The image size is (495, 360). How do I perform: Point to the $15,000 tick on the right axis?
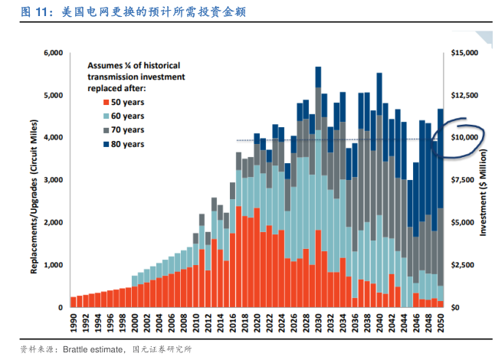[464, 53]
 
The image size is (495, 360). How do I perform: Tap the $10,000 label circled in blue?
[464, 137]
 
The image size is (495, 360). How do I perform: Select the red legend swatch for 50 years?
[103, 103]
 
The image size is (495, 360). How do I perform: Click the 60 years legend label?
[127, 116]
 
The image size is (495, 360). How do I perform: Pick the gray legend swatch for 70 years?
[103, 130]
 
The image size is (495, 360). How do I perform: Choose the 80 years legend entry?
[127, 144]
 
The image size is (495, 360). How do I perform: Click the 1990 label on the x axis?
[74, 322]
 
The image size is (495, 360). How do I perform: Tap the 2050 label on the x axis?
[441, 322]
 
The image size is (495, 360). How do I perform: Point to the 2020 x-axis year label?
[257, 322]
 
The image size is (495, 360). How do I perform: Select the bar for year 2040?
[379, 191]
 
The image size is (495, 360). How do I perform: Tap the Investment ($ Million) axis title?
[484, 180]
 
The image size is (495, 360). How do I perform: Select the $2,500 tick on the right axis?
[466, 264]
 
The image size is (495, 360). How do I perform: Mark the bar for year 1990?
[74, 302]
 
